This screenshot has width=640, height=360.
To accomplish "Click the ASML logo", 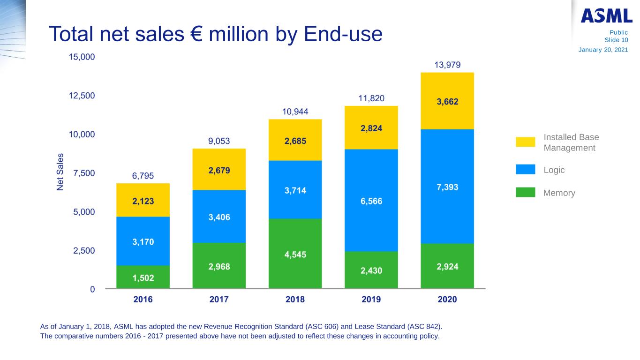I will coord(606,16).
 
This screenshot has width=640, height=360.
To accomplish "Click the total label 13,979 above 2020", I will coord(447,64).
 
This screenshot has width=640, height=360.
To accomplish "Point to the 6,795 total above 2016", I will coord(143,176).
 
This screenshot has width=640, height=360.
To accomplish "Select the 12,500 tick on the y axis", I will coord(82,96).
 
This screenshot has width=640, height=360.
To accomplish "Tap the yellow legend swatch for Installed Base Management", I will coord(525,142).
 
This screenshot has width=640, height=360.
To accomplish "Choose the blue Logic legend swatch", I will coord(525,170).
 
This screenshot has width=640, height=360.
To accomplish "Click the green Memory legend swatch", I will coord(525,193).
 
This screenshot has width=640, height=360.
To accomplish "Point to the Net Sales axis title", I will coord(61,172).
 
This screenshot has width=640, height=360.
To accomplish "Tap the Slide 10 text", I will coord(616,40).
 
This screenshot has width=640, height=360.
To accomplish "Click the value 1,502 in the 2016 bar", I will coord(143,278).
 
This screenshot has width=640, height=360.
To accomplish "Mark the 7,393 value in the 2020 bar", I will coord(447,187).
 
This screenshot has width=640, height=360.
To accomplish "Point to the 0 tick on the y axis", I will coord(93,289).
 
